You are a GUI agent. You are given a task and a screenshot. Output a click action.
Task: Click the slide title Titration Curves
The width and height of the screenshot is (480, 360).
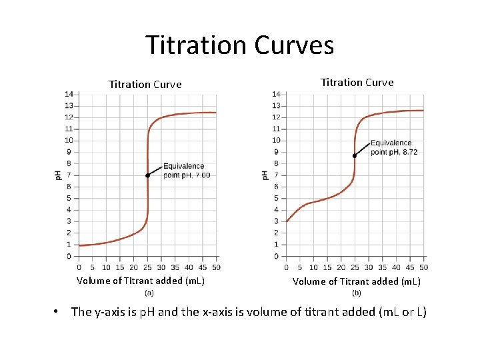tap(239, 45)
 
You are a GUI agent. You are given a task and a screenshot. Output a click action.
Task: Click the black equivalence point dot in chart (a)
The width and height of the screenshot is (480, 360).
tap(147, 175)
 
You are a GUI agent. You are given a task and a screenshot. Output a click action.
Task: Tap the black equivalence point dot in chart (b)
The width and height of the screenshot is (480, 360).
tap(355, 155)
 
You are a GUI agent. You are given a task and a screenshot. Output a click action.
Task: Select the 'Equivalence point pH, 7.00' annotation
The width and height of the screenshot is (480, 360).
tap(187, 171)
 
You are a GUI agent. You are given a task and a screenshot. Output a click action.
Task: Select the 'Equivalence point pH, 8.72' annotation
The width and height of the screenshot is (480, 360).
tap(394, 147)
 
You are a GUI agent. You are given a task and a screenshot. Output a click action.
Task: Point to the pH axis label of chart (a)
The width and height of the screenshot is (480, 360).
tap(58, 175)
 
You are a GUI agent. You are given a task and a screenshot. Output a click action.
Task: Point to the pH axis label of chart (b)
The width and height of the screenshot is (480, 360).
tap(265, 175)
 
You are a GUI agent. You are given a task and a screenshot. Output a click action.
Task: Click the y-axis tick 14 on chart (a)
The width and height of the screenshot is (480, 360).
tap(69, 94)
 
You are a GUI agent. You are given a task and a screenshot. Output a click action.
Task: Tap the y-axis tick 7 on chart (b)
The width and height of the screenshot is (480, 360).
tap(276, 175)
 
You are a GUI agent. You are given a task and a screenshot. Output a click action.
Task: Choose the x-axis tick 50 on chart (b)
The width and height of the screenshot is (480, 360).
tap(423, 267)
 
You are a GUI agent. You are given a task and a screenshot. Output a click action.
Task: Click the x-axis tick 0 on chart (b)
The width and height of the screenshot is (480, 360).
tap(287, 267)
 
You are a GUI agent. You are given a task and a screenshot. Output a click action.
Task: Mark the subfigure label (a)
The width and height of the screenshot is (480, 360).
tap(149, 292)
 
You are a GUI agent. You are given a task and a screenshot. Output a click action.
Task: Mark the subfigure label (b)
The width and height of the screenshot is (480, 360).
tap(357, 293)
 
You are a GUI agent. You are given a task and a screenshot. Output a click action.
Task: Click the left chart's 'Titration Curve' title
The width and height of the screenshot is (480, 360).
tap(145, 85)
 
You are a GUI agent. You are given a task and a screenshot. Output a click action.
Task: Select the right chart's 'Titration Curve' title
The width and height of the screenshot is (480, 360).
tap(357, 83)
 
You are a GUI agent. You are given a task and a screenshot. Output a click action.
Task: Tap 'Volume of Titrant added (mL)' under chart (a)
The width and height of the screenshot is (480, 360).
tap(141, 281)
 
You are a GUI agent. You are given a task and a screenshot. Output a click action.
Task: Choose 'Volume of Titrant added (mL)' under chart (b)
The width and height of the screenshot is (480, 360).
tap(357, 281)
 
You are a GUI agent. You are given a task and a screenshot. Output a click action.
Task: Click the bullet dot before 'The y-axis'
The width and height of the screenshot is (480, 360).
tap(59, 312)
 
